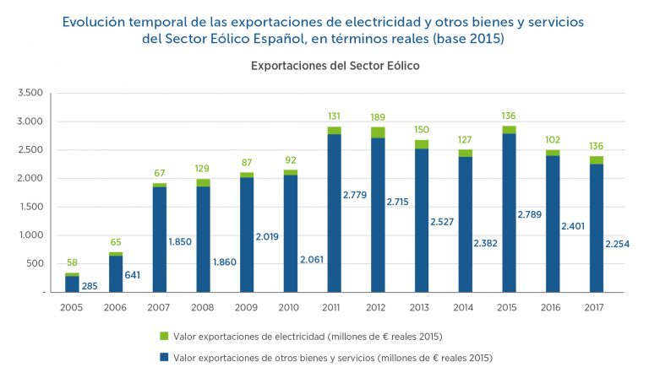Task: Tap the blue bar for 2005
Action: pyautogui.click(x=72, y=283)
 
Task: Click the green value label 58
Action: pyautogui.click(x=72, y=263)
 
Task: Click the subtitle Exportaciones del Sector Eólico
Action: pyautogui.click(x=335, y=64)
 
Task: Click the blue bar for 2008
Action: pyautogui.click(x=202, y=239)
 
